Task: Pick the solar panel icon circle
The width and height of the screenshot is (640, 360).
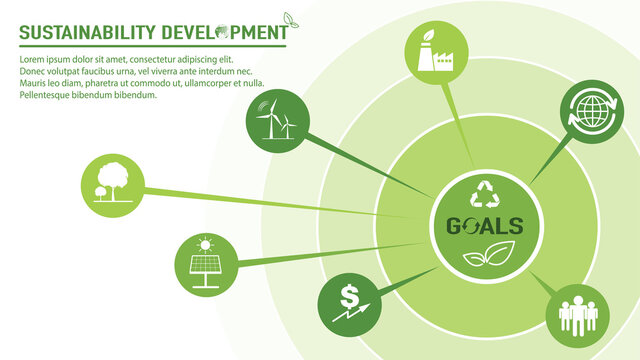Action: click(205, 262)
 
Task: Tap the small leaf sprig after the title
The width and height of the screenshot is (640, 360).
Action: click(291, 19)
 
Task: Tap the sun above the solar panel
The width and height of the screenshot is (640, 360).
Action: click(205, 243)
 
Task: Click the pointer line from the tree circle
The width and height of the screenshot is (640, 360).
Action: click(280, 202)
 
